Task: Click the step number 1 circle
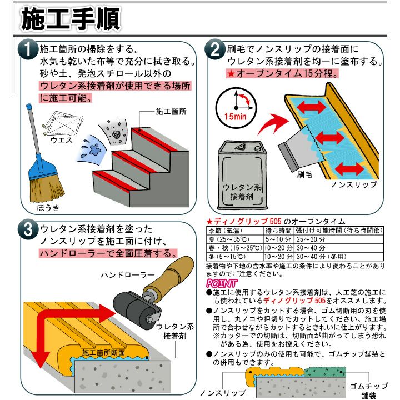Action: (28, 49)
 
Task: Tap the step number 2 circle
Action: (215, 49)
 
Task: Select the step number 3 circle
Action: (28, 229)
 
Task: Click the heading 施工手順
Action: (71, 19)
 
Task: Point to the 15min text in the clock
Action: (235, 117)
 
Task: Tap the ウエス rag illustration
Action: (62, 123)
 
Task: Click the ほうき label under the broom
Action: (48, 208)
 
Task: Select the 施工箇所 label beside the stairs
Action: (171, 112)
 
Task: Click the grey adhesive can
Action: (242, 175)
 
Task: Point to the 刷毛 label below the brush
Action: (304, 175)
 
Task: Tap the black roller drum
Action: (134, 310)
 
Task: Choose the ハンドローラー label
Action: (128, 275)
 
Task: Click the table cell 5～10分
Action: (278, 239)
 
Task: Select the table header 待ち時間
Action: (278, 231)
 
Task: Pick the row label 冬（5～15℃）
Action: (227, 256)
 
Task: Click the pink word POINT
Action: (222, 283)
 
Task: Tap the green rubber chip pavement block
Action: (325, 372)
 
